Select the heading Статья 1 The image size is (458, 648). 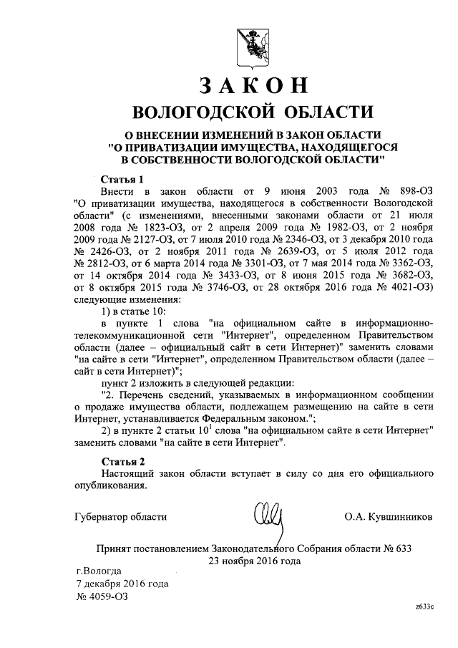(122, 180)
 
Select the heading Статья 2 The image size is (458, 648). (122, 460)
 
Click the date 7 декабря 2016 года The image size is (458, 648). (122, 584)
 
